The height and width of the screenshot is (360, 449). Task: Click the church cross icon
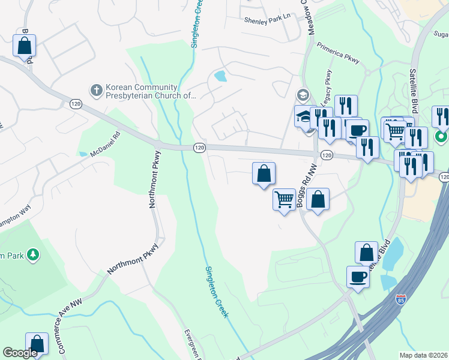click(96, 91)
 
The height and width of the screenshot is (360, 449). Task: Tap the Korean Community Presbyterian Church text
click(150, 91)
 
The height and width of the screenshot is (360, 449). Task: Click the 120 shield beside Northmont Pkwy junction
click(199, 147)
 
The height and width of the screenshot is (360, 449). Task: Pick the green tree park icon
click(33, 255)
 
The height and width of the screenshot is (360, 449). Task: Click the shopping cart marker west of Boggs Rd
click(284, 199)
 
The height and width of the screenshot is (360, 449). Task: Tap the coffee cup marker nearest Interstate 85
click(358, 277)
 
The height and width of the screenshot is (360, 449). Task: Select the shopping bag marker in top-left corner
click(24, 45)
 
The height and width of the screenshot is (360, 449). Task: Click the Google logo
click(20, 353)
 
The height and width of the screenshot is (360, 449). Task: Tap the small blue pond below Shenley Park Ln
click(220, 76)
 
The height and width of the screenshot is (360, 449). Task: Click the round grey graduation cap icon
click(302, 95)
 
